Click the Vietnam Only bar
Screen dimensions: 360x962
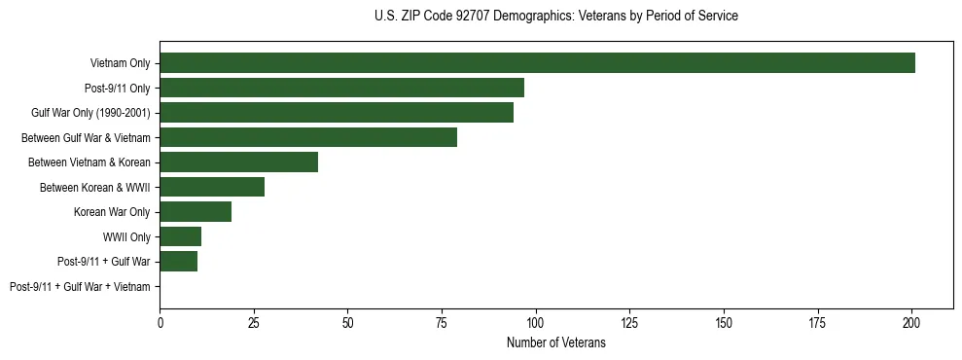pyautogui.click(x=537, y=63)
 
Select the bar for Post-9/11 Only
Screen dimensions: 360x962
pyautogui.click(x=341, y=88)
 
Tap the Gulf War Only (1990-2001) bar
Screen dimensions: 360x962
pyautogui.click(x=337, y=113)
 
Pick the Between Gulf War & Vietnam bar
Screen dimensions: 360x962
pyautogui.click(x=308, y=137)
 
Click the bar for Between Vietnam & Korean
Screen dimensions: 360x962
pyautogui.click(x=238, y=162)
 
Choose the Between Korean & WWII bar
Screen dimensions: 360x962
pyautogui.click(x=212, y=187)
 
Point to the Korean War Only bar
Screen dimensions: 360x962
pyautogui.click(x=196, y=212)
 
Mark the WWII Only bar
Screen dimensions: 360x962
pyautogui.click(x=180, y=236)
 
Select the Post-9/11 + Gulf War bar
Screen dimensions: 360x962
pyautogui.click(x=178, y=262)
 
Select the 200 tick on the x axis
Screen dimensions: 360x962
pyautogui.click(x=911, y=322)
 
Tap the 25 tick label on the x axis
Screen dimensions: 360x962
pyautogui.click(x=254, y=322)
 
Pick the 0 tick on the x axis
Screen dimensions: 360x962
pyautogui.click(x=160, y=322)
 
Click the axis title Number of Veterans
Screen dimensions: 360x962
pyautogui.click(x=555, y=343)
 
